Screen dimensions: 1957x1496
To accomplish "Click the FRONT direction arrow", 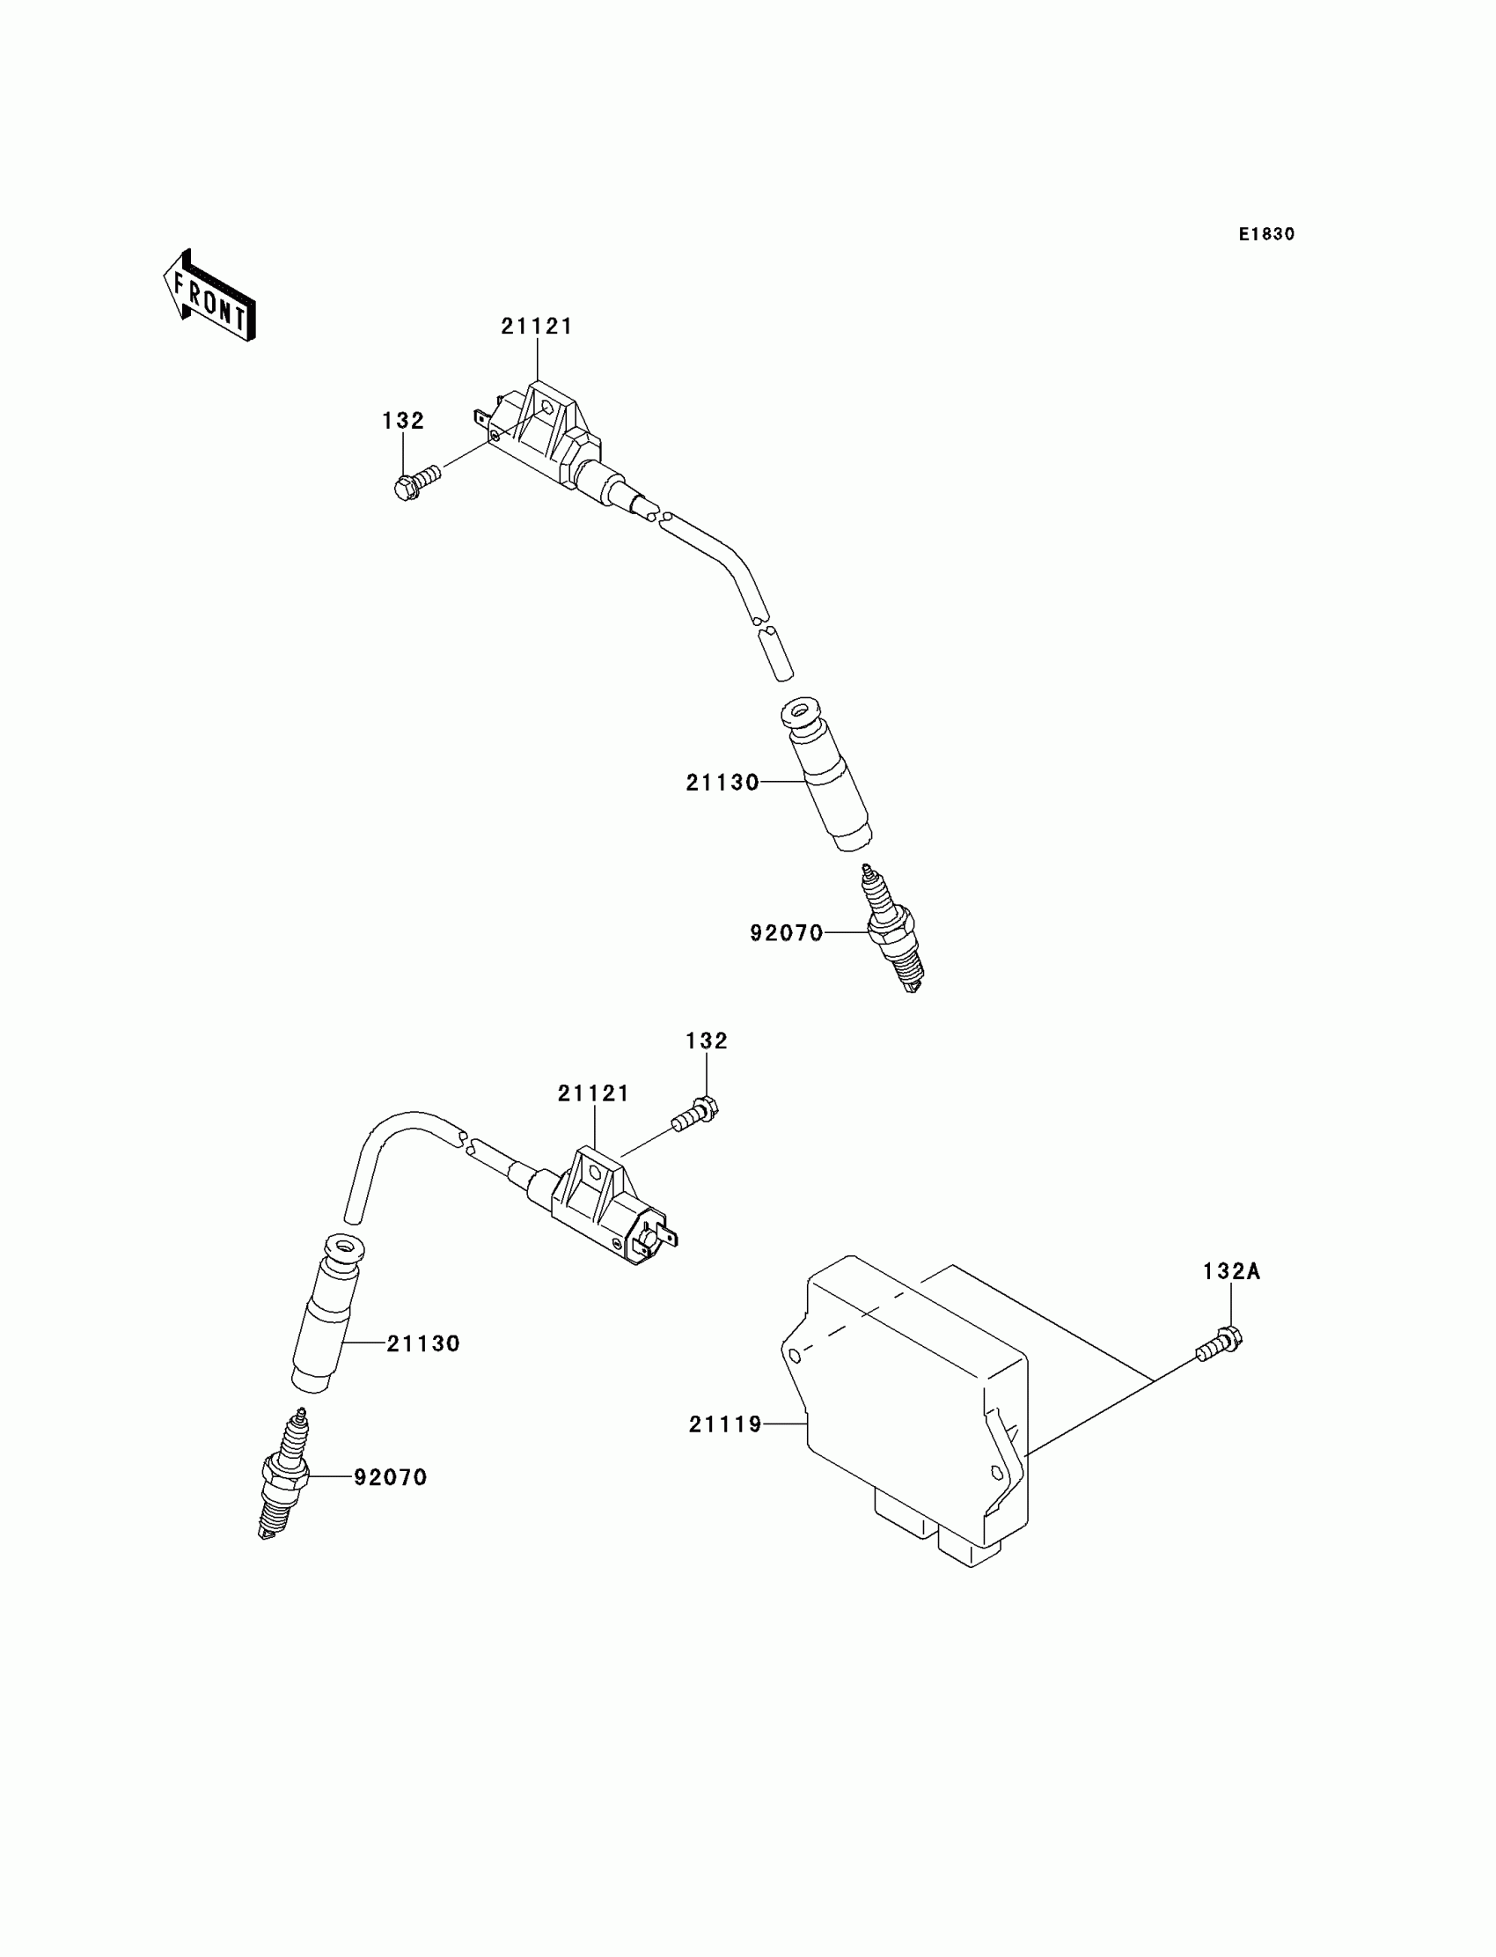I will click(x=210, y=297).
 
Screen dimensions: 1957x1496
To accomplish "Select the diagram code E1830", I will click(x=1266, y=234).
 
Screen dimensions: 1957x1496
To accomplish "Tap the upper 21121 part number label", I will click(x=536, y=327).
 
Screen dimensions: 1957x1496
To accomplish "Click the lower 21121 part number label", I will click(x=593, y=1094).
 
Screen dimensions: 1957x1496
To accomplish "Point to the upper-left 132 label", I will click(x=403, y=421).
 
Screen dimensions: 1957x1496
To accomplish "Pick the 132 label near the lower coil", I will click(x=706, y=1041).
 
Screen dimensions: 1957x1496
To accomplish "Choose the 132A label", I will click(x=1231, y=1272).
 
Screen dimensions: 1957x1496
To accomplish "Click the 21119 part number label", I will click(x=725, y=1425).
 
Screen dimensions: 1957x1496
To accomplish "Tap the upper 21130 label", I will click(x=722, y=783).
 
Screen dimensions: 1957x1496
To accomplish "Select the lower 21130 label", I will click(x=423, y=1344).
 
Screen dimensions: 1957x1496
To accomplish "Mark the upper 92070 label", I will click(x=787, y=933).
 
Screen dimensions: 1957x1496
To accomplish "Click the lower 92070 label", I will click(x=391, y=1478).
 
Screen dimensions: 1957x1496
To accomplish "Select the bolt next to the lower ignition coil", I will click(x=696, y=1115).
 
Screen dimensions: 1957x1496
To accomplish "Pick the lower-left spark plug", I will click(x=285, y=1475).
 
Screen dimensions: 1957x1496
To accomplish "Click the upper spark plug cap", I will click(x=825, y=776).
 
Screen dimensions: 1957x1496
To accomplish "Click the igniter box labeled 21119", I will click(x=917, y=1408).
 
